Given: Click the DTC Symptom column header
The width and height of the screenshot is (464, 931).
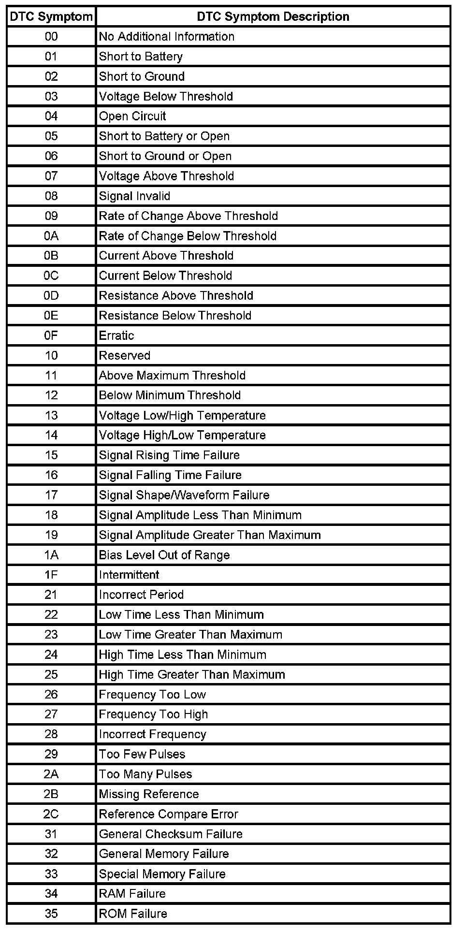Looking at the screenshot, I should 51,16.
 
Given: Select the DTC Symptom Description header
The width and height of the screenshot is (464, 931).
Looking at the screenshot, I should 273,16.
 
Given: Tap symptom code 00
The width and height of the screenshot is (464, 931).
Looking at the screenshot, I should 51,37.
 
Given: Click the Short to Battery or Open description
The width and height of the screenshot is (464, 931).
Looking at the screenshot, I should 164,136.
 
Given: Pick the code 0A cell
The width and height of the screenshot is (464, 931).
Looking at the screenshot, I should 51,236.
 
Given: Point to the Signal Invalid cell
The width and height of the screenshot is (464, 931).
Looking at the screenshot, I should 135,196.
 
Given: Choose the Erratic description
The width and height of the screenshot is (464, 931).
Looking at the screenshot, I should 116,335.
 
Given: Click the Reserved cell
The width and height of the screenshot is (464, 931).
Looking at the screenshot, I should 125,356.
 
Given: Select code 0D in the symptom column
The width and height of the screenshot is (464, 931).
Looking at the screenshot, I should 51,296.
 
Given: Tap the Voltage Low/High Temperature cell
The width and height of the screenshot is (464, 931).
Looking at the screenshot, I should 182,416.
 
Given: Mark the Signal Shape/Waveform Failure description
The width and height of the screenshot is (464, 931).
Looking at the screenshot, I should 184,495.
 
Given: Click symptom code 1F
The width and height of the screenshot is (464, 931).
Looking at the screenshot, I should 51,575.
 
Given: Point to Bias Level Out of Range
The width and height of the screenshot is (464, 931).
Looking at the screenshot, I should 164,555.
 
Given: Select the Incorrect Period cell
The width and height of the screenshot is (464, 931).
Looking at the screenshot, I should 141,595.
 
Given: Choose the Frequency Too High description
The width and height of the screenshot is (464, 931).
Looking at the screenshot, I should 153,714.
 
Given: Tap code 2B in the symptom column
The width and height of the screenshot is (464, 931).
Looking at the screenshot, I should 51,794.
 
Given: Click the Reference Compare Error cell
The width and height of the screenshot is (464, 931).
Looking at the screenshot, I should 168,814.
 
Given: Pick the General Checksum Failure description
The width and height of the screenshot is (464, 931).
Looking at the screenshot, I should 171,834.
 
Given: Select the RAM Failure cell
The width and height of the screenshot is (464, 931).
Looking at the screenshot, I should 132,894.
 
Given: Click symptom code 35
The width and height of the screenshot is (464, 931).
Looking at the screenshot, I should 51,914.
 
